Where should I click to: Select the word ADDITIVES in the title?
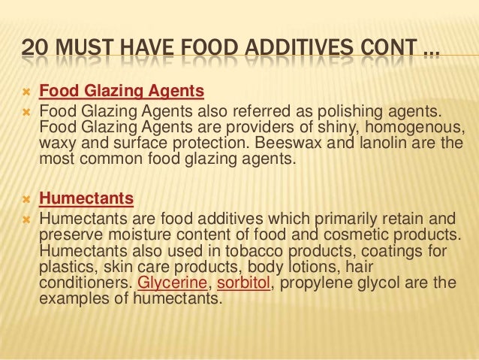(285, 50)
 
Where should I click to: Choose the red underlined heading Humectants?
(86, 199)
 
